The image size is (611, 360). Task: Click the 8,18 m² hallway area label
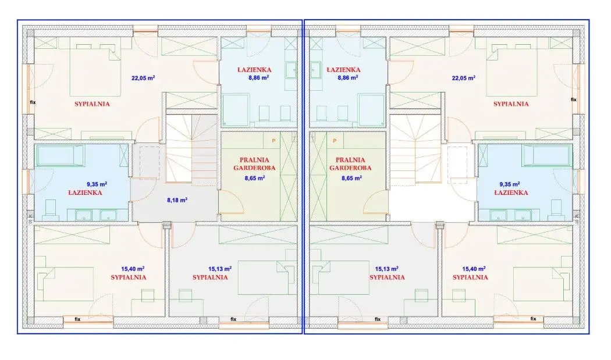[x=177, y=200]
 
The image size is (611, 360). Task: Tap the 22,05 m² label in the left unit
[x=143, y=78]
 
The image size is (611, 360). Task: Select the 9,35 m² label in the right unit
[x=510, y=184]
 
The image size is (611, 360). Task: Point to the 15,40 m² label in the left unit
[x=133, y=269]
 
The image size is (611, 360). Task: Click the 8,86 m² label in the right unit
[x=347, y=77]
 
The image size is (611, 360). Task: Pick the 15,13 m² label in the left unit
[x=220, y=269]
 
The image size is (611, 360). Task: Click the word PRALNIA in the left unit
[x=254, y=160]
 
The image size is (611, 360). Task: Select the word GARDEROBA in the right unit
[x=350, y=168]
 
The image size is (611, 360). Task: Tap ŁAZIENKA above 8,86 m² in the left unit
[x=254, y=70]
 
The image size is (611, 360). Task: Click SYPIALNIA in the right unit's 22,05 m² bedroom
[x=511, y=104]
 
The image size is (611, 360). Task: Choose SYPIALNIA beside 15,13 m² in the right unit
[x=387, y=277]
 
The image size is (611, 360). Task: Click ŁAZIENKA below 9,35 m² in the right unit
[x=511, y=193]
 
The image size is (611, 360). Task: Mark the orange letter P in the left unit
[x=273, y=141]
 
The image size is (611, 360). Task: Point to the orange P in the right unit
[x=335, y=141]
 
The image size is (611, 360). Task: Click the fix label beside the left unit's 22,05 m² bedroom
[x=33, y=102]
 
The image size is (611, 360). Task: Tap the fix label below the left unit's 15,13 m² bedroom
[x=233, y=319]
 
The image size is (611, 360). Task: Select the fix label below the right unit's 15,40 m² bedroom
[x=533, y=319]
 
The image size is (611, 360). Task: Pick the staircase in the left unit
[x=191, y=148]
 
